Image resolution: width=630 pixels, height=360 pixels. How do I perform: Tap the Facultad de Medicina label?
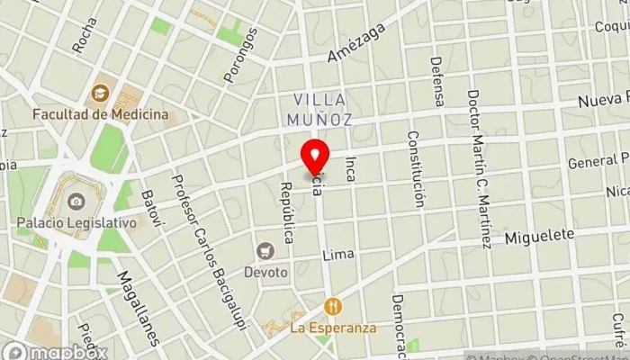click(x=100, y=114)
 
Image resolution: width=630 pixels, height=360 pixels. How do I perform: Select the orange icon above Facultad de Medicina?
click(x=100, y=92)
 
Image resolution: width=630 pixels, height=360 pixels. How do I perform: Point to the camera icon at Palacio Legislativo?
click(x=76, y=199)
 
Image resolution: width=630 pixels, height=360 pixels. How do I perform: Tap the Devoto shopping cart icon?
click(x=265, y=250)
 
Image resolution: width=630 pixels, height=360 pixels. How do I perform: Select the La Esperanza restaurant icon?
click(x=332, y=306)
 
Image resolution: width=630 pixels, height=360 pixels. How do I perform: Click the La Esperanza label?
click(x=332, y=328)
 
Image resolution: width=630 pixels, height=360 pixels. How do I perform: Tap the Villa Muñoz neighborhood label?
click(x=319, y=108)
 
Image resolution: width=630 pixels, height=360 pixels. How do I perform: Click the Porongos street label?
click(x=240, y=55)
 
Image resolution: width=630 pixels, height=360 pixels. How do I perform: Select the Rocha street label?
click(x=85, y=35)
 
